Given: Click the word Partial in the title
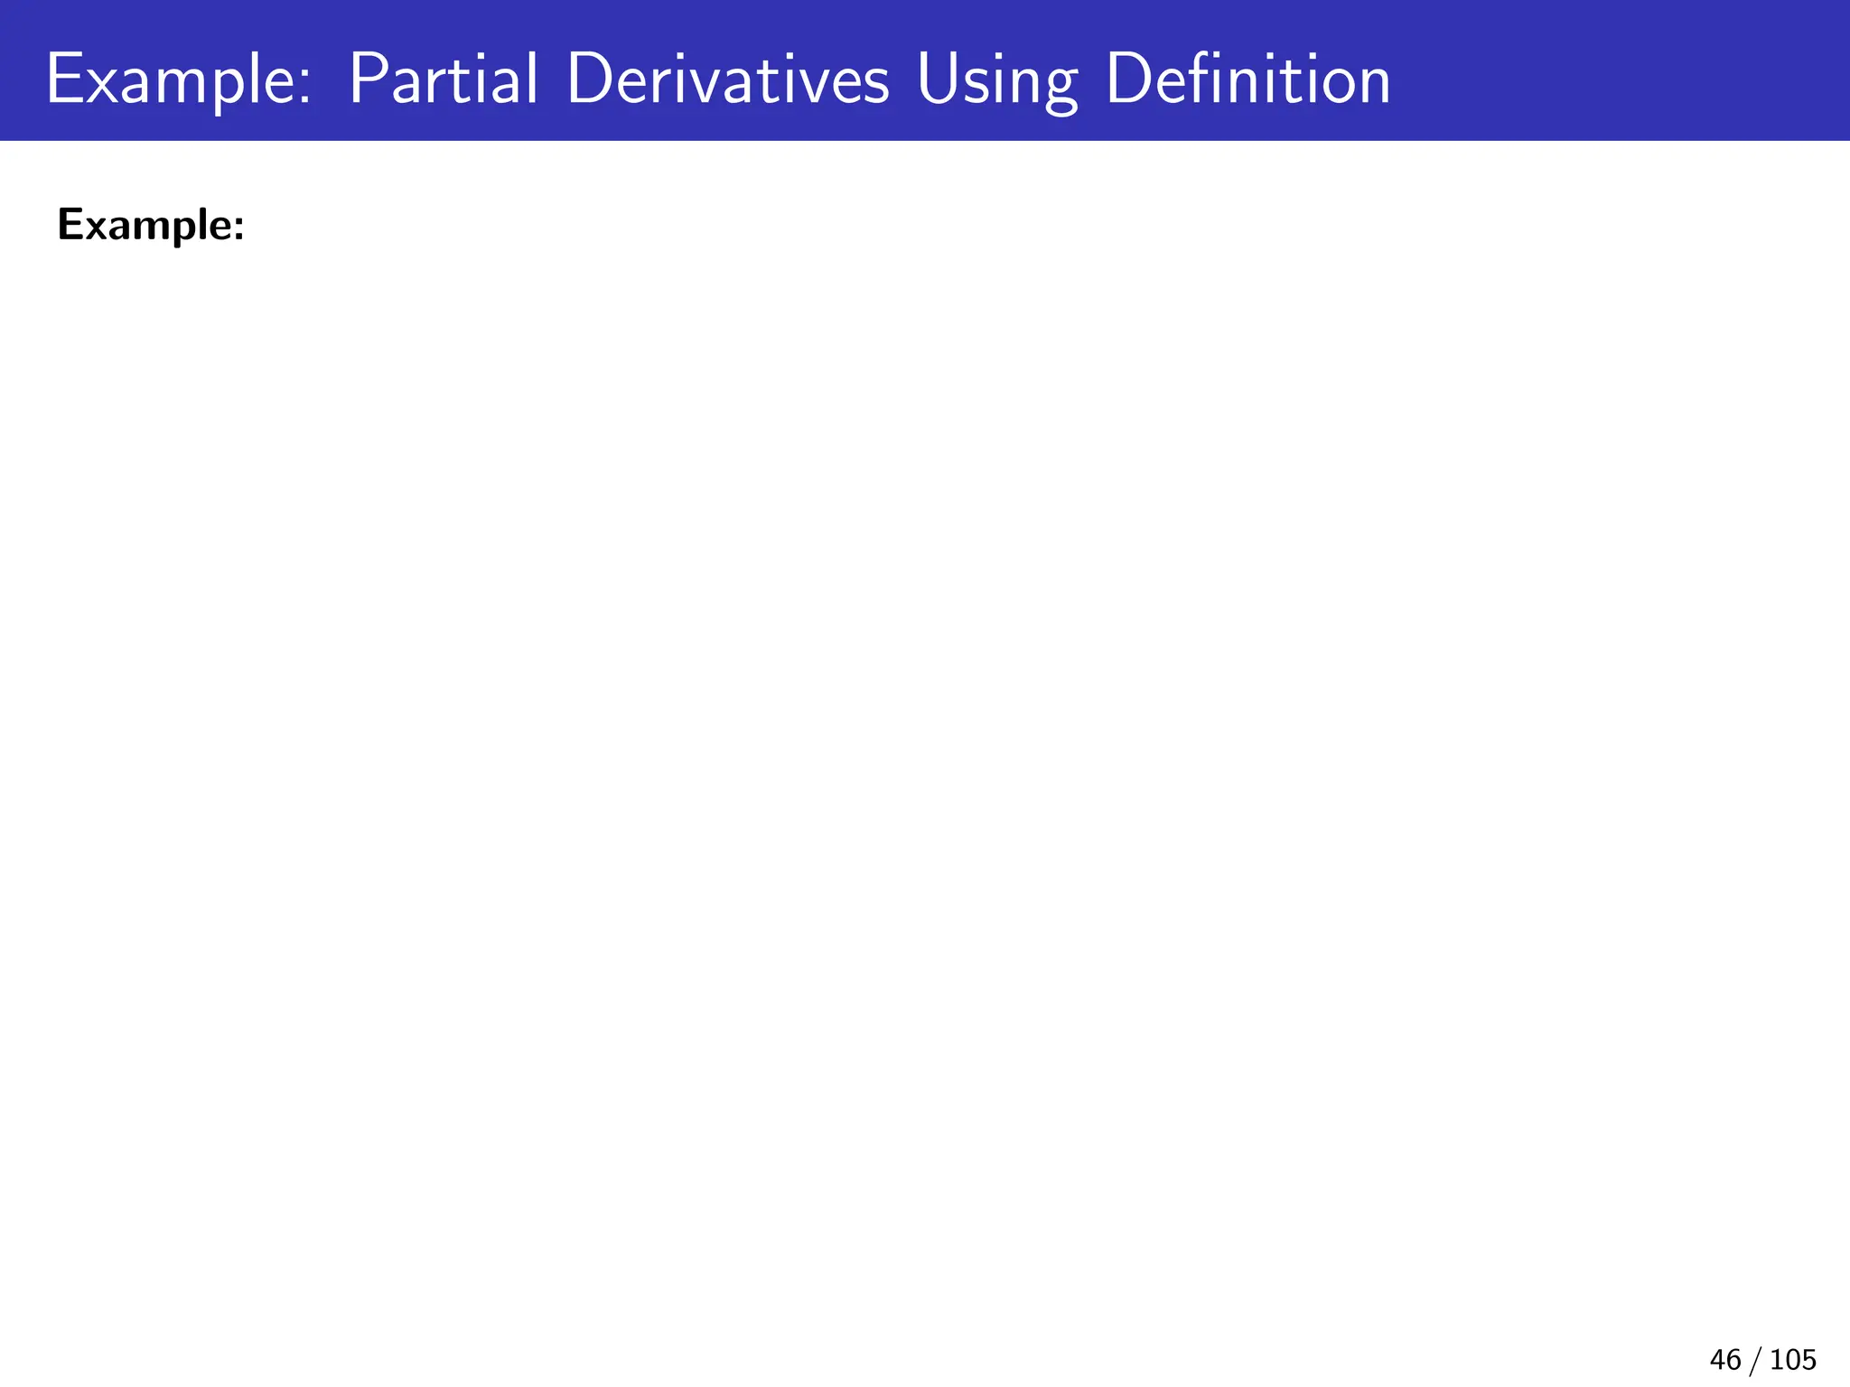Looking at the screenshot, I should point(443,79).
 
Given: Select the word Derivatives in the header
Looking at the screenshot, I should point(728,79).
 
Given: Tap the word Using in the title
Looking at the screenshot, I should point(996,81).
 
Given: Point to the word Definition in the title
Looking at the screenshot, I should point(1247,79).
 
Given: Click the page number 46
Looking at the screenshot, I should point(1724,1360).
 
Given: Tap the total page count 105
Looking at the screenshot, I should point(1793,1360).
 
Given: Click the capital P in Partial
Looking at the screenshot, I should point(365,79).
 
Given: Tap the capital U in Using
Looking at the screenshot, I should point(938,79).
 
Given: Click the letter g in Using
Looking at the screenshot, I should point(1060,90).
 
